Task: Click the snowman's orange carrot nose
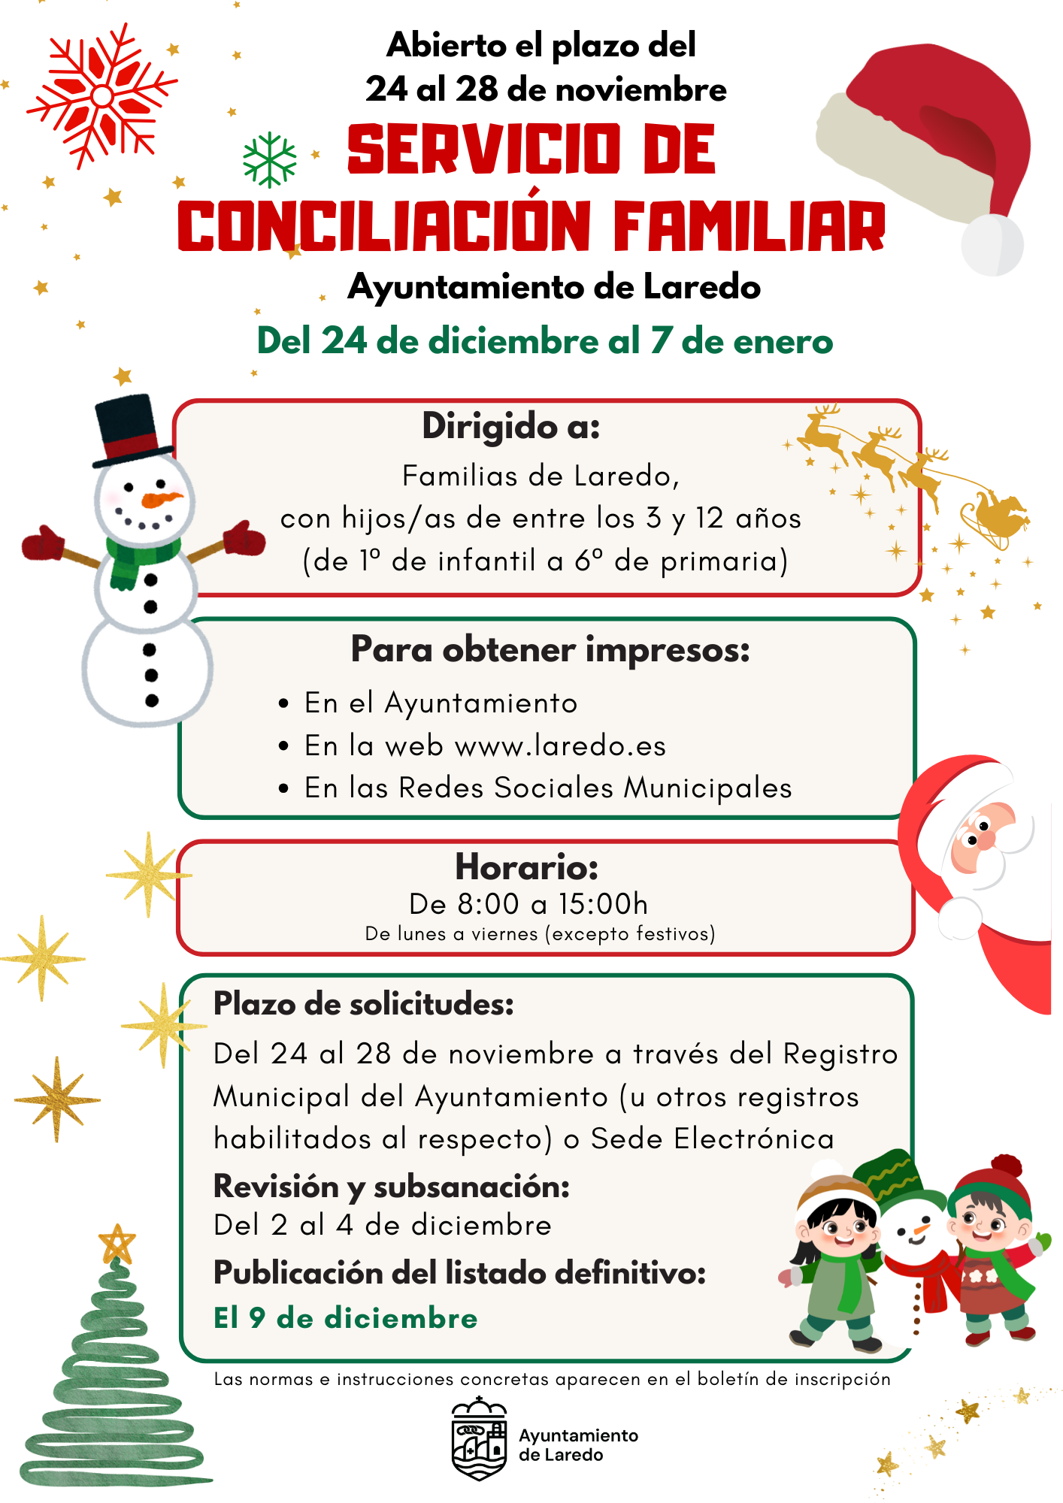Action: [162, 499]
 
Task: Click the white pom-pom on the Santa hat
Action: [992, 245]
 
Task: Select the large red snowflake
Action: [101, 95]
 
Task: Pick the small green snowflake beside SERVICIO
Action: [269, 159]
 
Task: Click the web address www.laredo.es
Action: [560, 745]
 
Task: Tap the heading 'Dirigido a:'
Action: [511, 426]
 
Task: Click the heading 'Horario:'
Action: [526, 867]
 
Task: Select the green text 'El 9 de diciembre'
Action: [345, 1318]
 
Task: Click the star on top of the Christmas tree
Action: [117, 1244]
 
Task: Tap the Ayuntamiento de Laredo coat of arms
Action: [479, 1438]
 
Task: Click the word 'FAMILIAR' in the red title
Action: [750, 226]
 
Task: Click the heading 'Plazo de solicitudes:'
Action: [364, 1004]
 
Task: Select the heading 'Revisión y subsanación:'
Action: [392, 1187]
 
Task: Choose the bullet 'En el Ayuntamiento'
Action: [441, 703]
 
